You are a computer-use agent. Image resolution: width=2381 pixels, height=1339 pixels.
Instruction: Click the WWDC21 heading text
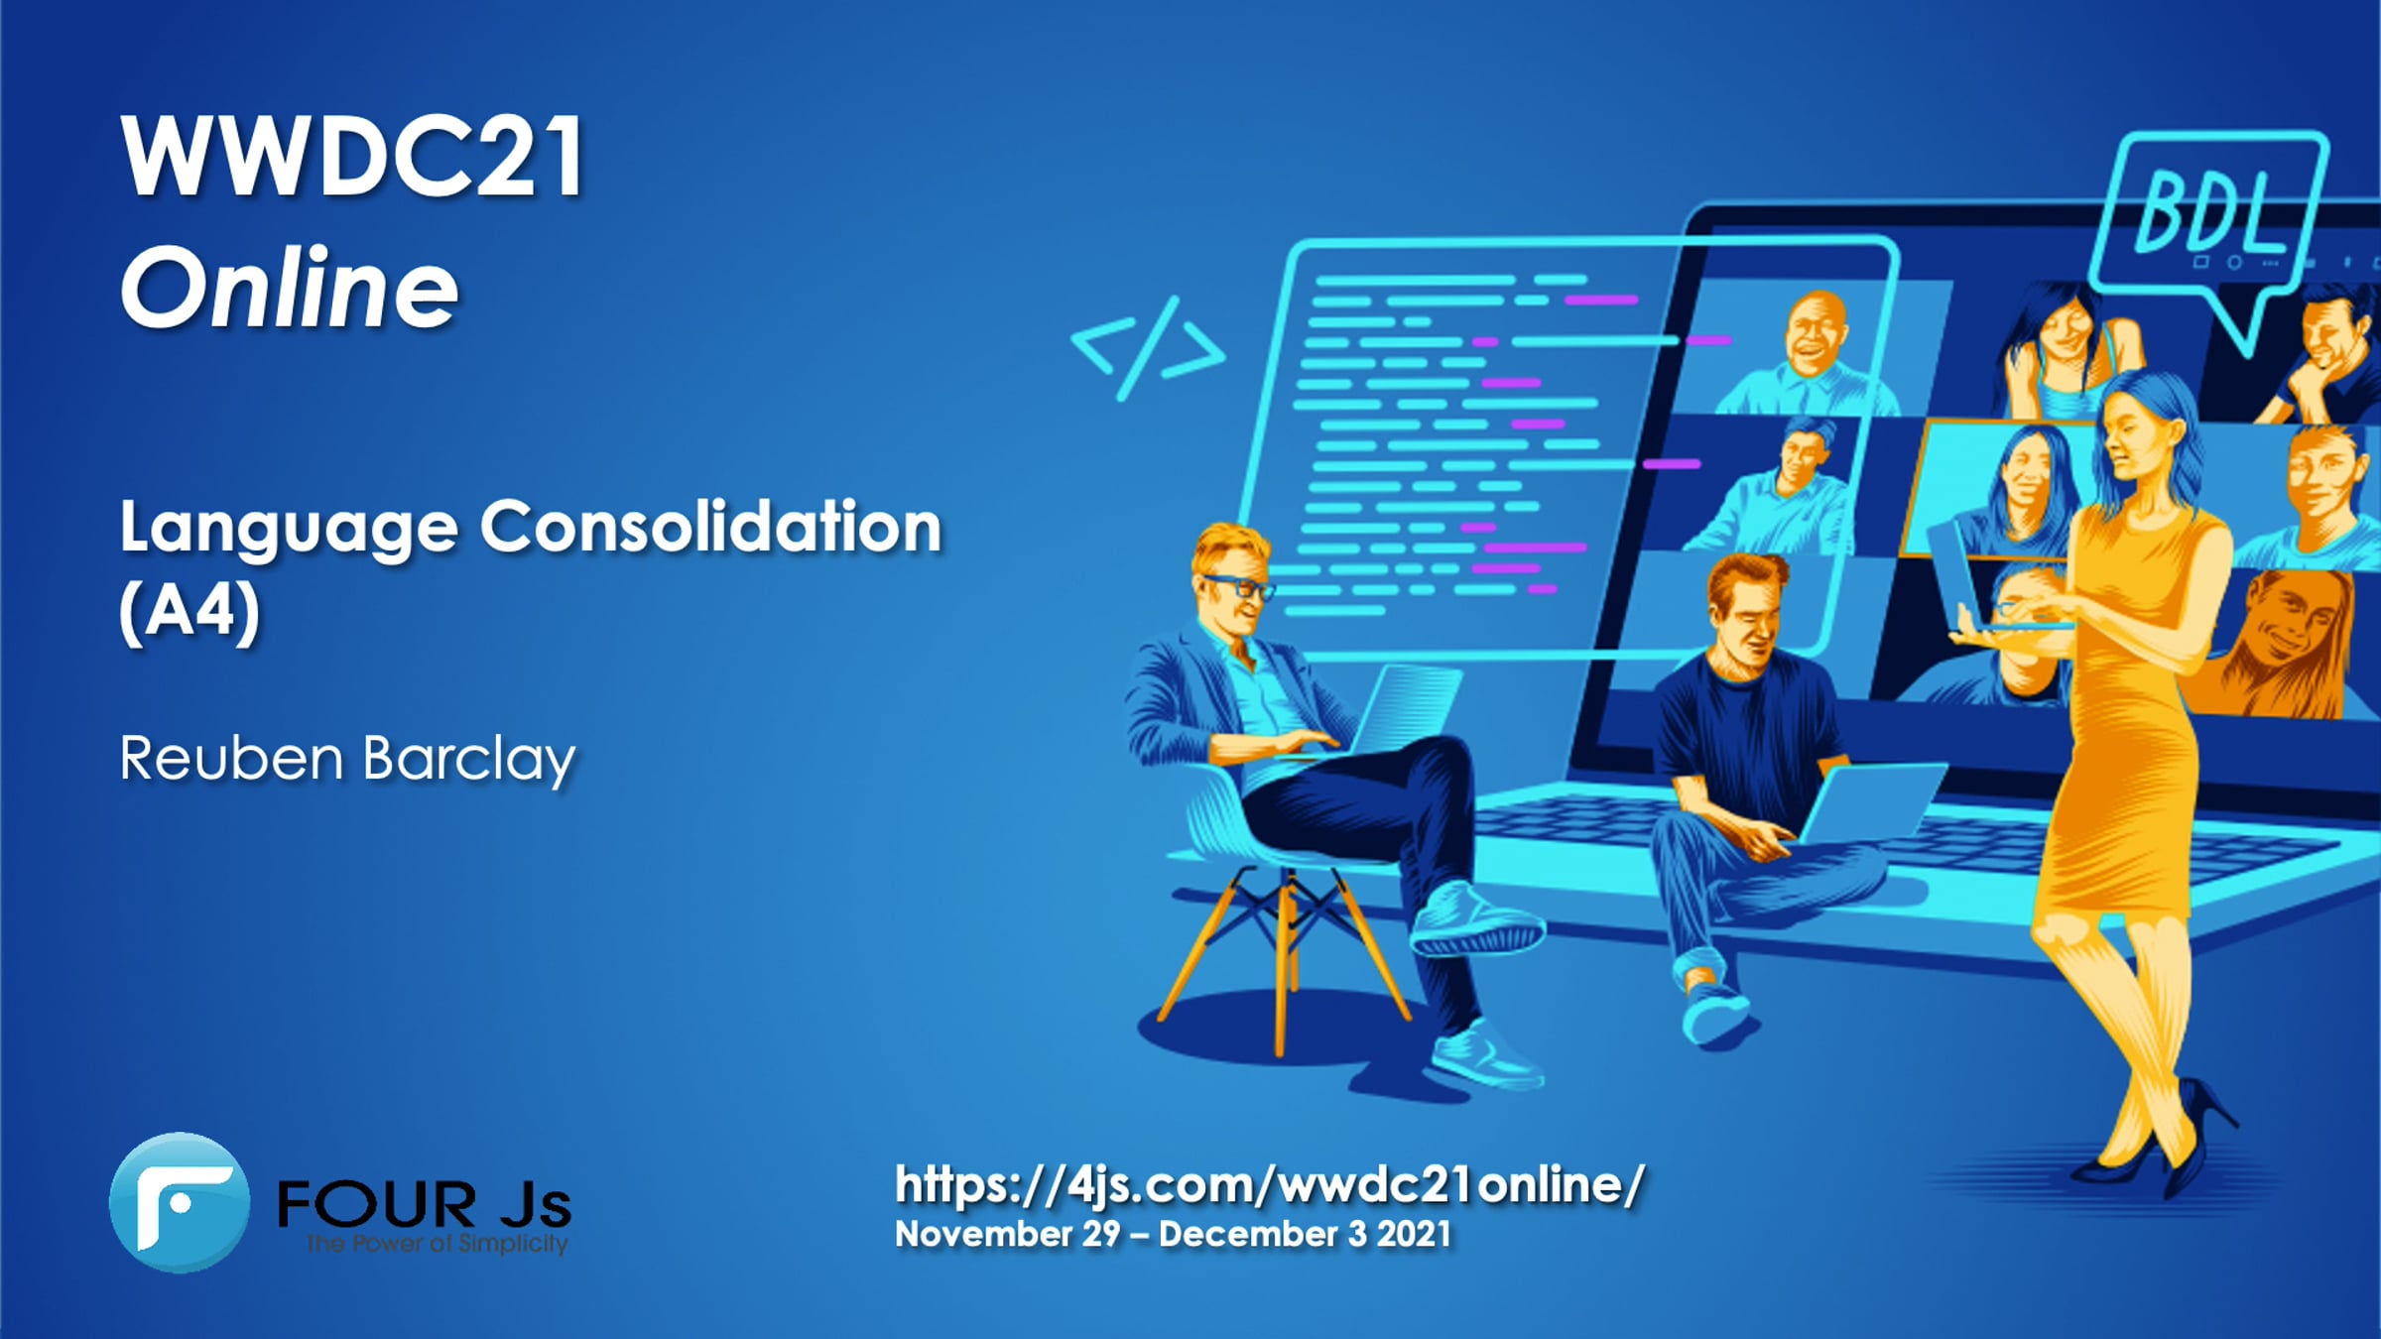pyautogui.click(x=352, y=157)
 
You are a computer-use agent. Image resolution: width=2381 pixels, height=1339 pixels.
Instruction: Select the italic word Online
pyautogui.click(x=290, y=288)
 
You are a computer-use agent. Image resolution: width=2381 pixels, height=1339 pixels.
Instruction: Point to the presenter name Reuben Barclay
pyautogui.click(x=347, y=760)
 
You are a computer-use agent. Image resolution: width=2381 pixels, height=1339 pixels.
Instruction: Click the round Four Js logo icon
pyautogui.click(x=180, y=1202)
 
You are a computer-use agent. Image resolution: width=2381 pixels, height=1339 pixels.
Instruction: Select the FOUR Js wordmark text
pyautogui.click(x=425, y=1203)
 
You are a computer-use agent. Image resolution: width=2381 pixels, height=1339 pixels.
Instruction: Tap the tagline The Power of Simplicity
pyautogui.click(x=437, y=1243)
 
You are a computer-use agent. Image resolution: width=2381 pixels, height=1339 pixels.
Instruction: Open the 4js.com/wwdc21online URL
pyautogui.click(x=1270, y=1184)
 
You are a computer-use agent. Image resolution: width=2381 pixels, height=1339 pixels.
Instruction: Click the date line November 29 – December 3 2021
pyautogui.click(x=1173, y=1234)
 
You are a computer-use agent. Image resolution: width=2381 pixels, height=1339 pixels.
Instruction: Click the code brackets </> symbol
pyautogui.click(x=1149, y=348)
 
